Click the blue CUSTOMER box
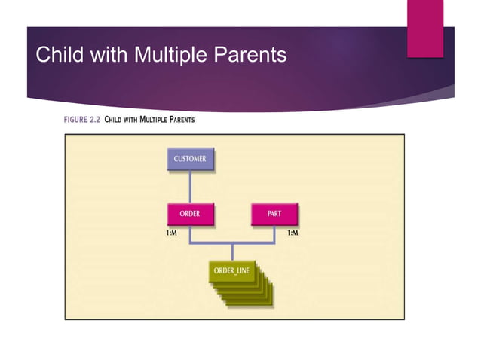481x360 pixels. pos(190,160)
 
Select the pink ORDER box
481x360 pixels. pos(190,214)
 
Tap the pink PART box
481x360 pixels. pos(274,214)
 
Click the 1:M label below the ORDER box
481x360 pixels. pos(173,234)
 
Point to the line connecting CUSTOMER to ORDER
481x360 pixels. pos(190,186)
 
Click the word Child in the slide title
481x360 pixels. pos(59,55)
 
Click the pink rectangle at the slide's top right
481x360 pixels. pos(425,29)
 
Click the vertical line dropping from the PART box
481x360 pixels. pos(274,234)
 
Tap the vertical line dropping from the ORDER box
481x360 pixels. pos(190,234)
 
